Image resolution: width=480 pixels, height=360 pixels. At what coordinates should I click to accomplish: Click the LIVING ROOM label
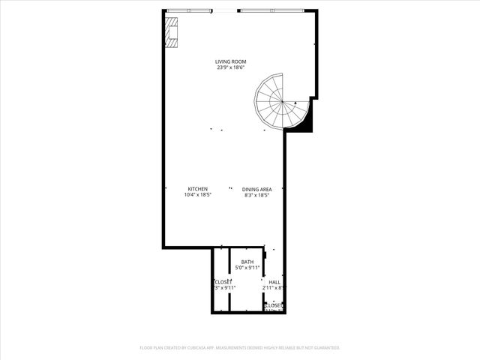pos(230,61)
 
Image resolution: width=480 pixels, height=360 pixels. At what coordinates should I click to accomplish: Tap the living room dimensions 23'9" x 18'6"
pos(230,67)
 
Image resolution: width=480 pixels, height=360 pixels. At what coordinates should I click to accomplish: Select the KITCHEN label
pos(198,189)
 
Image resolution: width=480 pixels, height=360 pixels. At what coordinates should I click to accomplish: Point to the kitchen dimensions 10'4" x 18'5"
pos(198,195)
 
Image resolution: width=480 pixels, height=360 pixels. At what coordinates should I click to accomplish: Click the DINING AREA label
pos(256,189)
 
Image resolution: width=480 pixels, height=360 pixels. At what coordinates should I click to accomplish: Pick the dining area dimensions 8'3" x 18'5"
pos(256,195)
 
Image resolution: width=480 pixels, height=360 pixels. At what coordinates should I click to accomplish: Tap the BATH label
pos(247,262)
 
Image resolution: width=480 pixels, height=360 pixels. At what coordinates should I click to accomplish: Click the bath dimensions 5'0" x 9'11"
pos(247,268)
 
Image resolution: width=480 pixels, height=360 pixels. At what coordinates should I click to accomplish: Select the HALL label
pos(274,282)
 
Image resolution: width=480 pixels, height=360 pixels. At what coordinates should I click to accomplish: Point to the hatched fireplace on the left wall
pos(172,32)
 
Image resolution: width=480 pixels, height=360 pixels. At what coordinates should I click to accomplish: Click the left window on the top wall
pos(190,10)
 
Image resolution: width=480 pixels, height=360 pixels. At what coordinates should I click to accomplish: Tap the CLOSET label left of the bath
pos(223,281)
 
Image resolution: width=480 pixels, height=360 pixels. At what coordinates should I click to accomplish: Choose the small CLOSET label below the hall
pos(274,305)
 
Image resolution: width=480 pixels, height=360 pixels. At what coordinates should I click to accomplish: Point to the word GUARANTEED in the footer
pos(327,348)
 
